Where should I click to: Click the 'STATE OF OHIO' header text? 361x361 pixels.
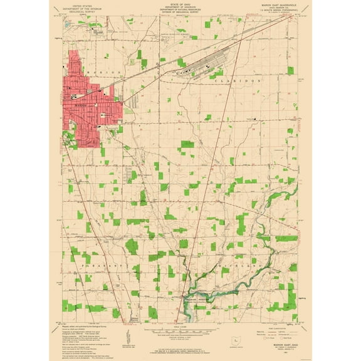point(180,4)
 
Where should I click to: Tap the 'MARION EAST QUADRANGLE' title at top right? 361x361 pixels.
point(275,4)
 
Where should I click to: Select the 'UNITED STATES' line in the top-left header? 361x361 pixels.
point(87,4)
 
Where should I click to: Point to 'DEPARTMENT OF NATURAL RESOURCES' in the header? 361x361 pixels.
point(180,10)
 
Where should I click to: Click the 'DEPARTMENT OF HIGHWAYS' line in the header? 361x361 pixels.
point(180,7)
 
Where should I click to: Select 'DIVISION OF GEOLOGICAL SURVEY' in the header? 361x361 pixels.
point(180,13)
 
